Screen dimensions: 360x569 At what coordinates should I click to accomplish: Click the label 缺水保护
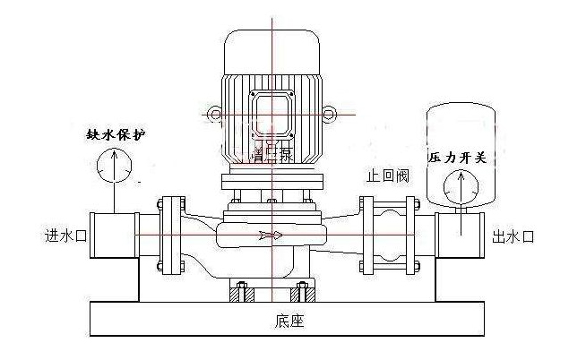tap(114, 134)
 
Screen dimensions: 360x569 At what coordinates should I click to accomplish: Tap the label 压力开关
tap(457, 158)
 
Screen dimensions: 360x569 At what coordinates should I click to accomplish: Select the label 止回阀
tap(387, 176)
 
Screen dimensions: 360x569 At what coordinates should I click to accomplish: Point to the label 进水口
tap(65, 236)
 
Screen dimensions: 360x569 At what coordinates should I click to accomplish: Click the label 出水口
tap(513, 236)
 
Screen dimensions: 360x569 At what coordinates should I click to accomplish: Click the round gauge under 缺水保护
tap(114, 167)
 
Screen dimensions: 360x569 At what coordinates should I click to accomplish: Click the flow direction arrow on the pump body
tap(270, 236)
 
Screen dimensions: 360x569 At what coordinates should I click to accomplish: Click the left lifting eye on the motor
tap(215, 116)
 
